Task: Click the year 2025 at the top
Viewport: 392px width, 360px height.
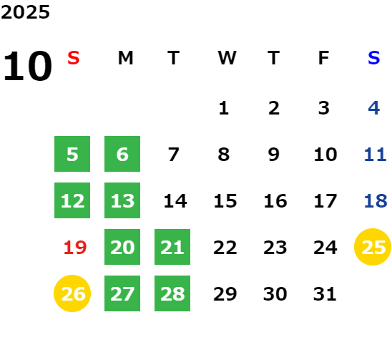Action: pos(25,12)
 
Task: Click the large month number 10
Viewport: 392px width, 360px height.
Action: pos(27,66)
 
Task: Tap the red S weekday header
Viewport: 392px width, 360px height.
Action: pos(74,58)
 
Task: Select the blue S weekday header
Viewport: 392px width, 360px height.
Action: pos(373,58)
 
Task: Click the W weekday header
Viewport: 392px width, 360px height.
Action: pos(227,58)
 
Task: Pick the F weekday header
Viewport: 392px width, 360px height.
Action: pos(324,58)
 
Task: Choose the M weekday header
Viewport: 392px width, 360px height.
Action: pos(125,58)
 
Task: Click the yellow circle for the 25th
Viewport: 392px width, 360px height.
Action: pos(373,247)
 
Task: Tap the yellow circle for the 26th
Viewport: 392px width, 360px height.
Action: pos(72,293)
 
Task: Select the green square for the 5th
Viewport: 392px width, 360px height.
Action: pos(72,154)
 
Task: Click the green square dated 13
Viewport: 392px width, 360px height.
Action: pos(122,200)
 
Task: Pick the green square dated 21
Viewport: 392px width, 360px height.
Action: pos(172,247)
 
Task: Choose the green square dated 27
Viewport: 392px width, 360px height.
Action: pos(122,293)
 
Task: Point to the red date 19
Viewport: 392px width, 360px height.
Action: pos(75,248)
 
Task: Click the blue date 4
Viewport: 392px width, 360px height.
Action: pos(374,108)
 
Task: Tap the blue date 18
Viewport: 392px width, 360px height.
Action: pos(376,201)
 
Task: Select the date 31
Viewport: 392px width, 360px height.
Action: pos(325,294)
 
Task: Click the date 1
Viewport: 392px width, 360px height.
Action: pos(224,108)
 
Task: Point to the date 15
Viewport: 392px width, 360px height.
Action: pos(225,201)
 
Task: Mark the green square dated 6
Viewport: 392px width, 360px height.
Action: pos(122,154)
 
